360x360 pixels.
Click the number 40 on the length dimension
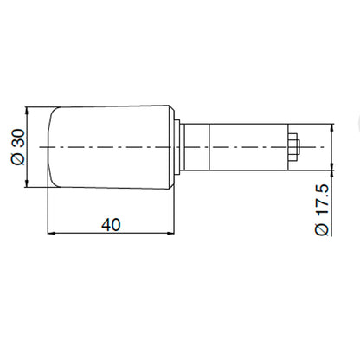[110, 224]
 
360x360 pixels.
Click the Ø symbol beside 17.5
[322, 228]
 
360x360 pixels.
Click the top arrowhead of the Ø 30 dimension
[30, 111]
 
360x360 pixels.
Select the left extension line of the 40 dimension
[48, 212]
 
